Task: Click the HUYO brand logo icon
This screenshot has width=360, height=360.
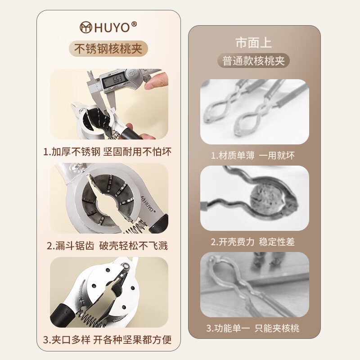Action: (x=86, y=28)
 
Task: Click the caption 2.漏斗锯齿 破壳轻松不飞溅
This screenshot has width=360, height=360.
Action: (x=108, y=245)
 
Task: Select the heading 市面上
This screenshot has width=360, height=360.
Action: (x=254, y=43)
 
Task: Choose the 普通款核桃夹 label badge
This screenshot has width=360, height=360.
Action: (x=254, y=61)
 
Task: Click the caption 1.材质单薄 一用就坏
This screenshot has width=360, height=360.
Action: (x=254, y=156)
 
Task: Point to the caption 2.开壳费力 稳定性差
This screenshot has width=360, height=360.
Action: (x=254, y=242)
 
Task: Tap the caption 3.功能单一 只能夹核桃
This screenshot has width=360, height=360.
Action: (x=254, y=328)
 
